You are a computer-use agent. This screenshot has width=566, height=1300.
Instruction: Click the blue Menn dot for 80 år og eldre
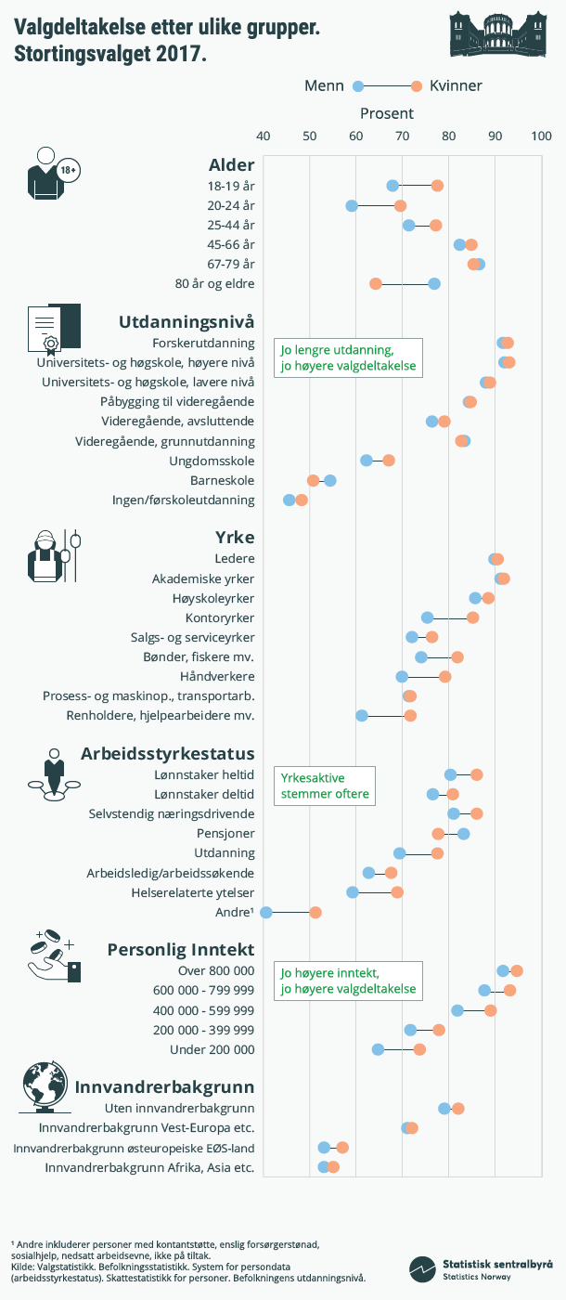pos(434,283)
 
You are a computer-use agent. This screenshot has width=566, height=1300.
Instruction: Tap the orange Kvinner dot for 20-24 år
pos(400,205)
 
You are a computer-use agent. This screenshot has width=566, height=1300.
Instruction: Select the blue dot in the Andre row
pos(266,913)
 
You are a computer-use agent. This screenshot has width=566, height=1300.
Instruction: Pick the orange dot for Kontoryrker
pos(472,617)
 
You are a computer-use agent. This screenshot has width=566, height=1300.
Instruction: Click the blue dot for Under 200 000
pos(378,1049)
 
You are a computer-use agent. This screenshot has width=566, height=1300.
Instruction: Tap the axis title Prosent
pos(387,113)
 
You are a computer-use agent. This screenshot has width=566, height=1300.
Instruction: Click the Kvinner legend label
pos(456,86)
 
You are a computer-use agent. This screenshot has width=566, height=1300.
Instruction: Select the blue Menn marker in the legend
pos(358,86)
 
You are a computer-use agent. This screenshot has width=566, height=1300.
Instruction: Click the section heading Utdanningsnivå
pos(187,322)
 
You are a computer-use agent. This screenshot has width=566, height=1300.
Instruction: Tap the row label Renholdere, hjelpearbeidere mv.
pos(161,715)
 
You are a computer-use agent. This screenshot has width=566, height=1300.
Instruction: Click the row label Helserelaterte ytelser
pos(193,892)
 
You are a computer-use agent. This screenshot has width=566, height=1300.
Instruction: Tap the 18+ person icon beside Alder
pos(51,174)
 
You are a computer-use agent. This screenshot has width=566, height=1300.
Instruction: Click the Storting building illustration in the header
pos(497,33)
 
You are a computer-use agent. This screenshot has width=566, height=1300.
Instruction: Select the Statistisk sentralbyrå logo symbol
pos(423,1268)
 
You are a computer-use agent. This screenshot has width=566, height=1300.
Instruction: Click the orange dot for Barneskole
pos(314,480)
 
